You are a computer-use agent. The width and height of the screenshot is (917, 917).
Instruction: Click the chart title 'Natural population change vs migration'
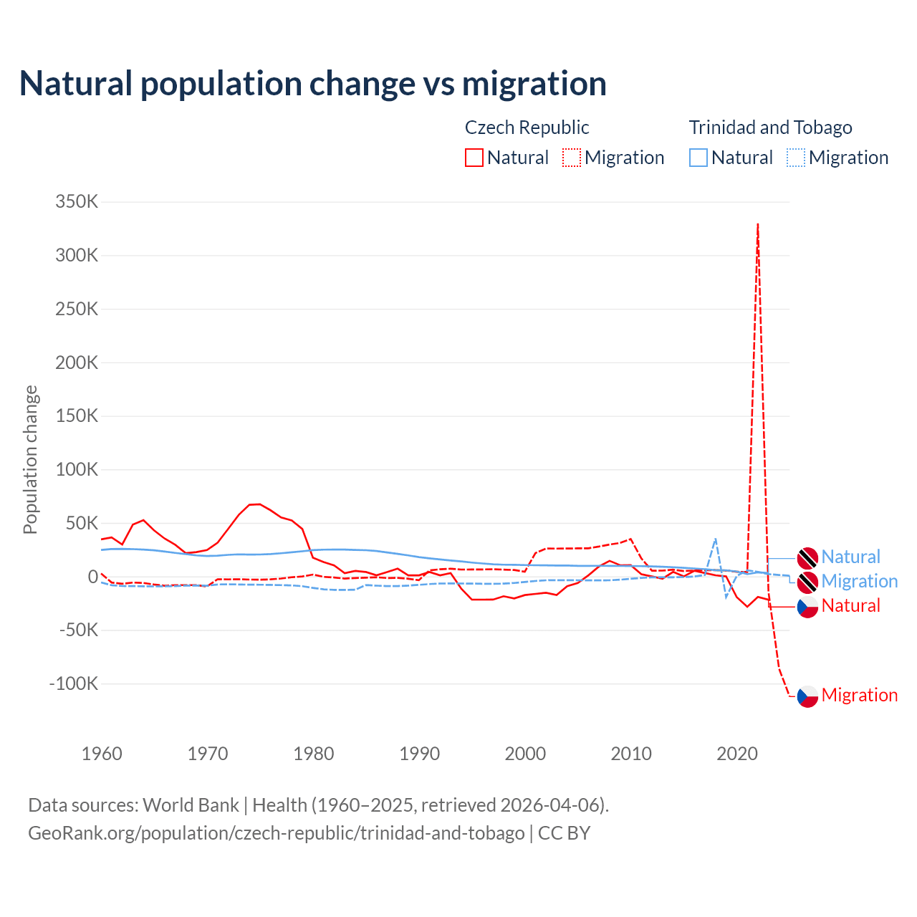point(312,84)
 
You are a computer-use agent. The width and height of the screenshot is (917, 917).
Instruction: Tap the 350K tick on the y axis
point(77,201)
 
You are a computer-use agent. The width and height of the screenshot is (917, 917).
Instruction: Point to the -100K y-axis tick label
point(74,683)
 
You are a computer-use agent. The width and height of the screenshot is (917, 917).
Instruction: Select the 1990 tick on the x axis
point(419,754)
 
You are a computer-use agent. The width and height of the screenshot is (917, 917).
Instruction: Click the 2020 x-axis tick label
point(736,754)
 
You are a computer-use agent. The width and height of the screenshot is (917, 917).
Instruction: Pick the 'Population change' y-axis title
point(30,459)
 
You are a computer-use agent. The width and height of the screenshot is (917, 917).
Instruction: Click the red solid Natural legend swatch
point(474,158)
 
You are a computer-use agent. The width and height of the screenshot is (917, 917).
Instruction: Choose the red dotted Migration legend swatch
point(572,158)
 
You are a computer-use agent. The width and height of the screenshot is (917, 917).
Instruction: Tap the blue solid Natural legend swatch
point(698,158)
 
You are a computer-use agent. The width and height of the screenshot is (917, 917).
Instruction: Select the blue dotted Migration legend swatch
point(796,158)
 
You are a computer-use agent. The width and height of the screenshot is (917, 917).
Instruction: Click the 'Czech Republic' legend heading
point(527,128)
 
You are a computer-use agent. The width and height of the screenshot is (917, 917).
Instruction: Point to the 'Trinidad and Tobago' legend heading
point(770,128)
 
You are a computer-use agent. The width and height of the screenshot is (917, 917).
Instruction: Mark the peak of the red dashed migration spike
point(757,224)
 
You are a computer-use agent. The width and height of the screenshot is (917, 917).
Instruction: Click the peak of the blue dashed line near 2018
point(715,539)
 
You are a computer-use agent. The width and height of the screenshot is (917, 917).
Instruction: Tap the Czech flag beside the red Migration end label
point(807,696)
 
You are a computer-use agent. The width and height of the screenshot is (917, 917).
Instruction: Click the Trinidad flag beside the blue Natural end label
point(807,557)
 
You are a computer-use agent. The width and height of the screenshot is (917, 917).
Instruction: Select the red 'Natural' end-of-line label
point(850,606)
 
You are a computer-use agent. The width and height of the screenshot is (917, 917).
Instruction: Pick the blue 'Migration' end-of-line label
point(859,581)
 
